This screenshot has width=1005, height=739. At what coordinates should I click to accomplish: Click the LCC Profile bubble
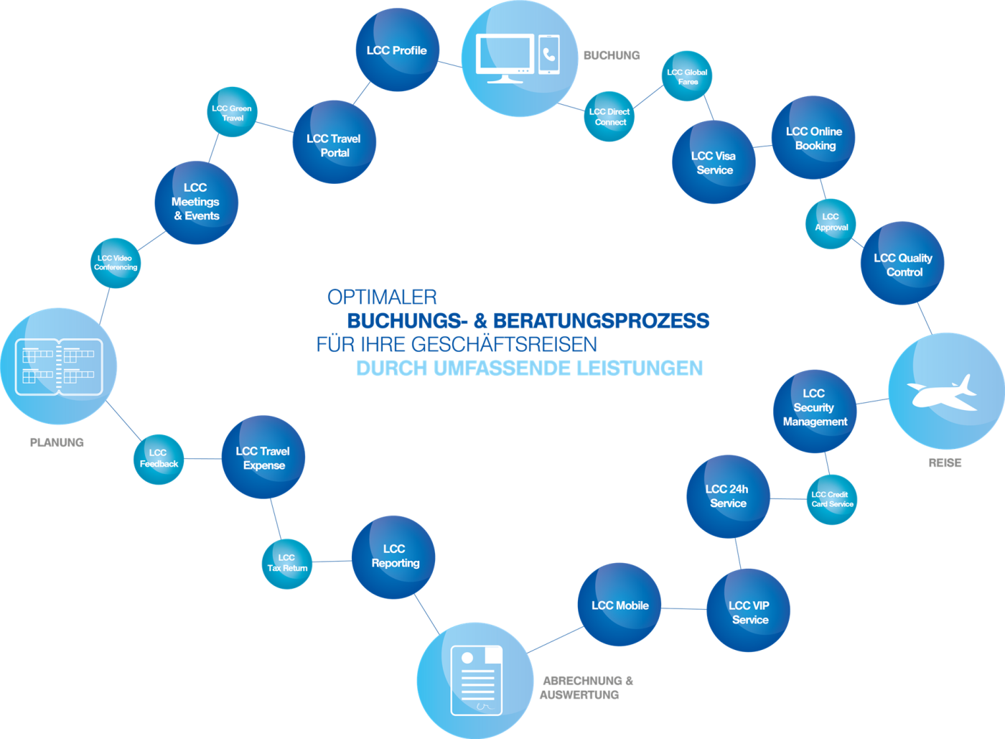(x=396, y=50)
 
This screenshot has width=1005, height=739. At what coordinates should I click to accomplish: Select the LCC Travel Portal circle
(x=334, y=143)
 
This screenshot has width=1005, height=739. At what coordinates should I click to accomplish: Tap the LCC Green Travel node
(x=232, y=112)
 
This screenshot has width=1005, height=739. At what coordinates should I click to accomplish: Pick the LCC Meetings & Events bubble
(x=196, y=202)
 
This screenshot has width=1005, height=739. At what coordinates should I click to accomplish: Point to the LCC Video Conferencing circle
(x=115, y=263)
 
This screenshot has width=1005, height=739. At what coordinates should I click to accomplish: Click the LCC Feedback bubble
(x=158, y=459)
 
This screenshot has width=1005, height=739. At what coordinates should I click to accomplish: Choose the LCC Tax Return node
(x=287, y=563)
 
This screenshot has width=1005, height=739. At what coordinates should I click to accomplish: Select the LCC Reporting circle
(x=394, y=557)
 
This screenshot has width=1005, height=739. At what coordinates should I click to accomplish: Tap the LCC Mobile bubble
(x=620, y=605)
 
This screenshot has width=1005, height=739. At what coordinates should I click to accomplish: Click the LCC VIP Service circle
(x=749, y=611)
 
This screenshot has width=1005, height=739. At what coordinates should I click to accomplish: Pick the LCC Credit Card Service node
(x=831, y=499)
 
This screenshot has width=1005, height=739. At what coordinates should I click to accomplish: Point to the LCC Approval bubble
(x=831, y=223)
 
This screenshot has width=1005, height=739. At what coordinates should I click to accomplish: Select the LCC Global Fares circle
(x=687, y=76)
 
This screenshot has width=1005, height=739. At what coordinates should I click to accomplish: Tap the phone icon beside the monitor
(x=549, y=55)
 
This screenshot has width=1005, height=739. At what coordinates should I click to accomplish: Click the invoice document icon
(x=476, y=679)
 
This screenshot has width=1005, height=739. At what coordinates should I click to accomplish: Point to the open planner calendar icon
(x=58, y=366)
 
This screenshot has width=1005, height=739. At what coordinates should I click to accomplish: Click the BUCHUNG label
(x=611, y=55)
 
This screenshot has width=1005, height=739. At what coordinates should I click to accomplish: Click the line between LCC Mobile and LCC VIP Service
(x=683, y=608)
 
